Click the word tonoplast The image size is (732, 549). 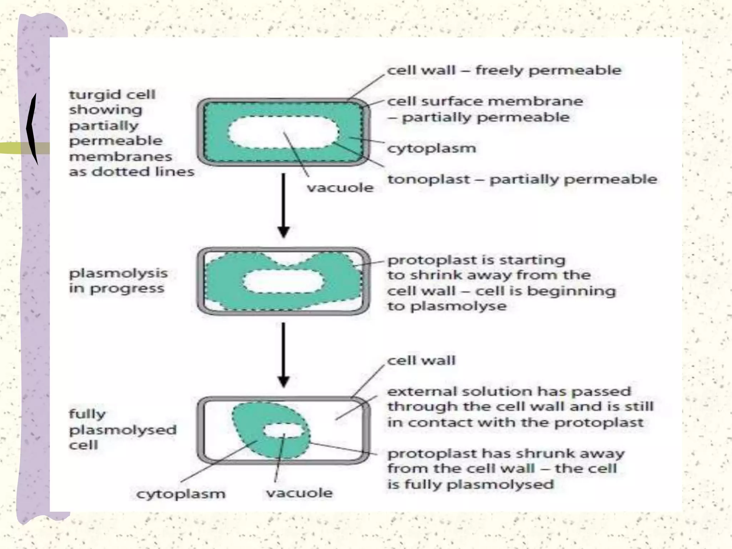[x=429, y=179]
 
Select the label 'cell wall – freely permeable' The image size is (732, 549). [x=504, y=70]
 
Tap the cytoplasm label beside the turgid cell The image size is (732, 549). [x=431, y=148]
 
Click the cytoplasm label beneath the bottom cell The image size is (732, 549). [x=181, y=494]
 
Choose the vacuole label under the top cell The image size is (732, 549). [x=340, y=188]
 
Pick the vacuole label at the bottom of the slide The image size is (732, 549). [x=299, y=493]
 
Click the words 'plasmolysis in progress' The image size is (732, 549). [x=118, y=281]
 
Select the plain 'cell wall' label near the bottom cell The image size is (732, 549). [x=421, y=360]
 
